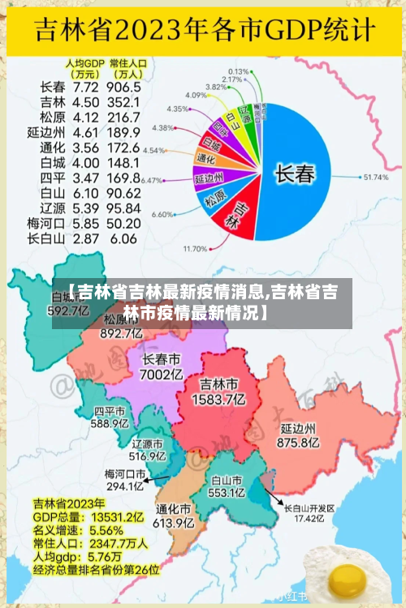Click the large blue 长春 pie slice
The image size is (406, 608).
point(296,173)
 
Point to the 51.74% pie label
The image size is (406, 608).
point(376,177)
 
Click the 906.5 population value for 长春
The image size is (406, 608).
point(123,87)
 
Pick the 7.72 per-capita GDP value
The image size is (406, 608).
point(86,87)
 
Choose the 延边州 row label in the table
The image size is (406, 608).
point(45,132)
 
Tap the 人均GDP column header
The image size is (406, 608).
point(85,66)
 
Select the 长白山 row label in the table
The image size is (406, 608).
point(45,238)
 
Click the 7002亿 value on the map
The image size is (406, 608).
point(162,375)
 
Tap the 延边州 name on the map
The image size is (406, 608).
point(298,428)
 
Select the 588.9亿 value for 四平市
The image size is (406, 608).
point(110,422)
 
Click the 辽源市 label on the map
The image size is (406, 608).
point(148,444)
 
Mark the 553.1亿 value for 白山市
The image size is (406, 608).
point(227,492)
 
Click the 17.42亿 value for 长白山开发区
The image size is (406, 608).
point(309,518)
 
